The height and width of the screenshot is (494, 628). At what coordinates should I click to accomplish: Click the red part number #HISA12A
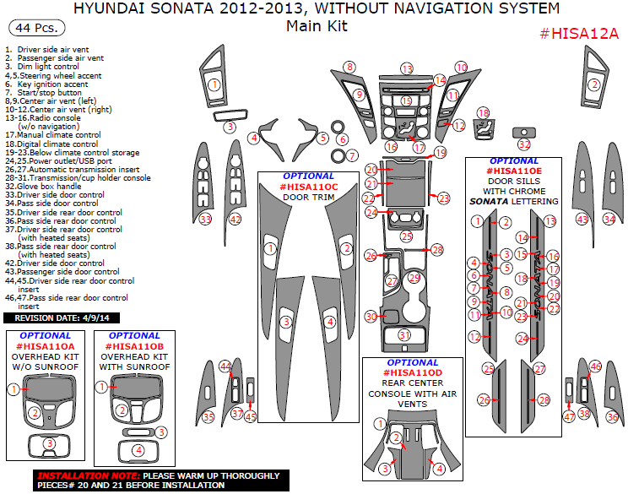(x=579, y=34)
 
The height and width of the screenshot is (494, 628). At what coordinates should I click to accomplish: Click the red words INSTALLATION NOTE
(x=80, y=475)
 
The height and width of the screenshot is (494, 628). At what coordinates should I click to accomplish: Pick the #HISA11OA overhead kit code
(x=45, y=346)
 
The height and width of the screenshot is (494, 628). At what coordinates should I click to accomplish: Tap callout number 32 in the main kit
(x=524, y=144)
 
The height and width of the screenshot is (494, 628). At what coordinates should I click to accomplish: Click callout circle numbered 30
(x=371, y=316)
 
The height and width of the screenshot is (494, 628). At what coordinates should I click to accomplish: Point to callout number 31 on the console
(x=403, y=335)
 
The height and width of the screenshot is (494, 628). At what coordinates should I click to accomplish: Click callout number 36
(x=612, y=417)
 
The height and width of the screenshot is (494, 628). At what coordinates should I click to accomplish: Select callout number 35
(x=208, y=417)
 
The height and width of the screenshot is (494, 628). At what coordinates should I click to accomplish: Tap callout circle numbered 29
(x=414, y=277)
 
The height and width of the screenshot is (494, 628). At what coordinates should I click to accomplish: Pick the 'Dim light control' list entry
(x=48, y=66)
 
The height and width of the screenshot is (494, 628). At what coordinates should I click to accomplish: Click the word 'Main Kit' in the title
(x=317, y=26)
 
